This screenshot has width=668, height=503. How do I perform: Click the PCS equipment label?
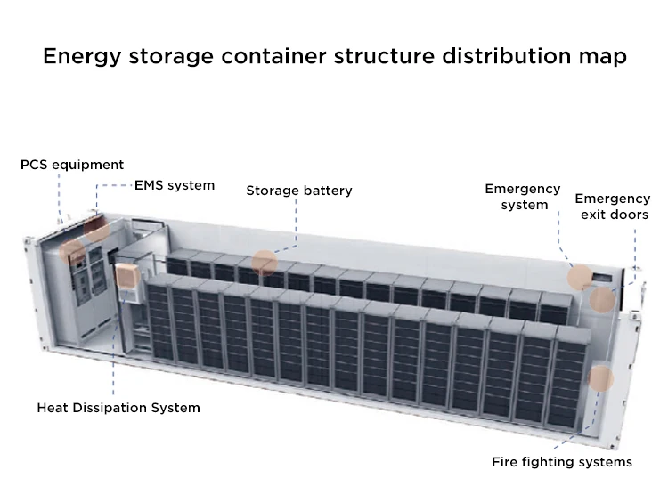tap(72, 165)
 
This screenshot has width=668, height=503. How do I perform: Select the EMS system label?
tap(174, 185)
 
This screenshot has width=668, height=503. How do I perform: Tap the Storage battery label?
tap(299, 191)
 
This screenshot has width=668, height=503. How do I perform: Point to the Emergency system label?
tap(523, 197)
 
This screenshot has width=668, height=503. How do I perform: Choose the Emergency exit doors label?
tap(612, 207)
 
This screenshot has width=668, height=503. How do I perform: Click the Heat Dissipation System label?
tap(118, 408)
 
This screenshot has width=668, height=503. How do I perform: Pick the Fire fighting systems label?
tap(562, 462)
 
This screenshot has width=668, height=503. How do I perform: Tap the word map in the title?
tap(600, 57)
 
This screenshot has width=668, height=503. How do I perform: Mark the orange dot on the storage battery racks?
tap(265, 263)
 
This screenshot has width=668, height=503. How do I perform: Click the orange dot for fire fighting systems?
tap(602, 378)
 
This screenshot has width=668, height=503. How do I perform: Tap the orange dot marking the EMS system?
tap(97, 226)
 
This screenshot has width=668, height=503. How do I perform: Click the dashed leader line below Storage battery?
tap(297, 227)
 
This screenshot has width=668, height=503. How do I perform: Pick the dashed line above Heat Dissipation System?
tap(114, 365)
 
